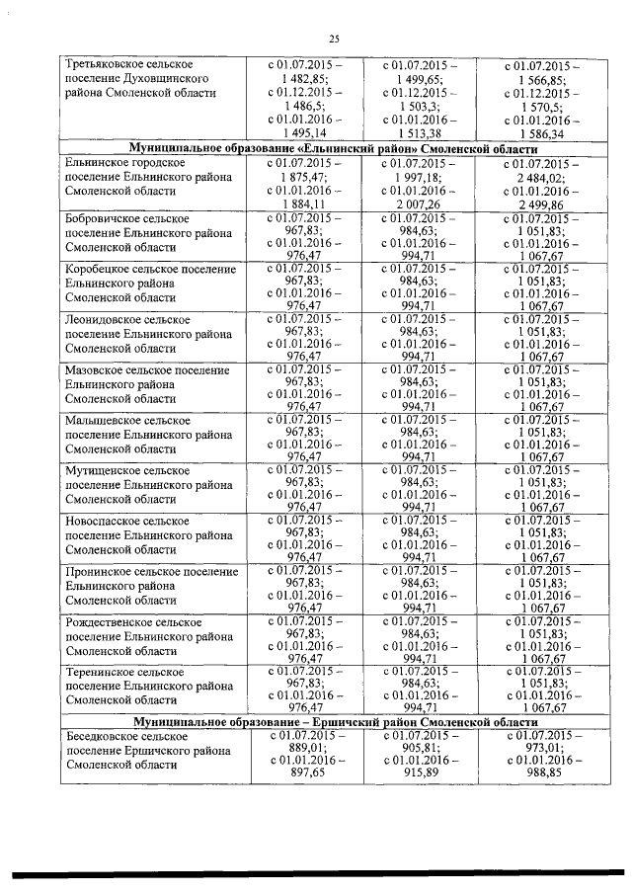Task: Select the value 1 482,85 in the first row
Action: (x=306, y=78)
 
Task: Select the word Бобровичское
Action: (x=103, y=217)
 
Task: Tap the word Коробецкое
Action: (x=98, y=269)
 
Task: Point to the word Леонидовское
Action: (x=103, y=320)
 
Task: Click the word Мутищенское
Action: (x=101, y=470)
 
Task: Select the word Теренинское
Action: (x=99, y=672)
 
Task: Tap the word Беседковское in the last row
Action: (x=102, y=737)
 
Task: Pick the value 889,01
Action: (x=306, y=749)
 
